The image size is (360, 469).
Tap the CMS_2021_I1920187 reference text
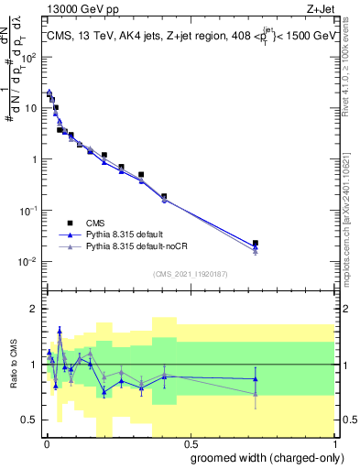tap(189, 272)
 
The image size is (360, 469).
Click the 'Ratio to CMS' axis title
tap(13, 364)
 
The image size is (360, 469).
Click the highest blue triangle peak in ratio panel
tap(60, 331)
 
